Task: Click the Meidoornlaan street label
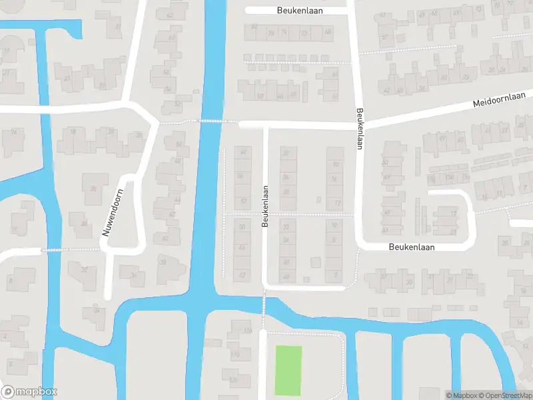click(499, 101)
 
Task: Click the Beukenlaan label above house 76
click(296, 11)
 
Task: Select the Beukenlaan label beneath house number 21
click(412, 247)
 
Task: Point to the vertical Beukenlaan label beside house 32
click(265, 207)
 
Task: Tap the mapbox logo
click(29, 392)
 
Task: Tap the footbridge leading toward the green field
click(264, 305)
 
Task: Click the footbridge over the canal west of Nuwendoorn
click(55, 250)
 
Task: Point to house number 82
click(254, 27)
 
